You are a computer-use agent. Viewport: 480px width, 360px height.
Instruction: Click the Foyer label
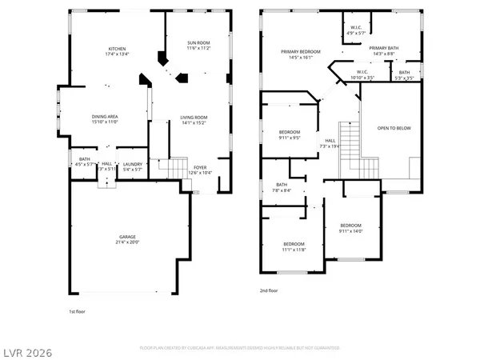tap(198, 168)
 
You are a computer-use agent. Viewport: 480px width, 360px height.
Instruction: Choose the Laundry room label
tap(132, 164)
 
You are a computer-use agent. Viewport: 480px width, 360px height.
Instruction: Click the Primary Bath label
tap(383, 48)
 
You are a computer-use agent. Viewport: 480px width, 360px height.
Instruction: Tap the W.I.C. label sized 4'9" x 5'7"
tap(356, 28)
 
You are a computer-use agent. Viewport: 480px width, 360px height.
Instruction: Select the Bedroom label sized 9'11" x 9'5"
tap(290, 131)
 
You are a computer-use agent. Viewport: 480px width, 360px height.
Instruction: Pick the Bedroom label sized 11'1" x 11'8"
tap(294, 243)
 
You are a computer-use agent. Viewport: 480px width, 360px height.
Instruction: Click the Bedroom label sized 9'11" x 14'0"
tap(350, 225)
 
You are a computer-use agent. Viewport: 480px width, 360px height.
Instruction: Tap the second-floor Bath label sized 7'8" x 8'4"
tap(282, 185)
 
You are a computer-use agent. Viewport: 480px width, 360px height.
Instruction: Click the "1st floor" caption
tap(76, 311)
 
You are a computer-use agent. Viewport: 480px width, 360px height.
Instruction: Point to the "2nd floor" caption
tap(269, 290)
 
